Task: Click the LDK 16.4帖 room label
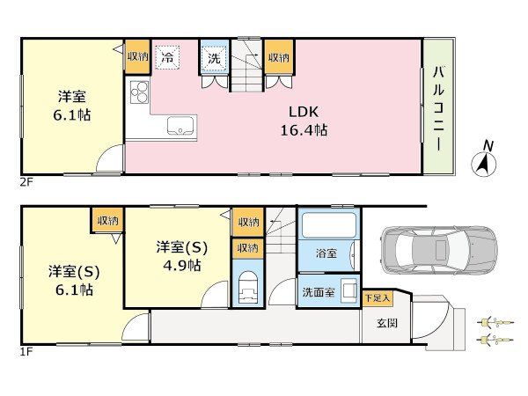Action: (304, 121)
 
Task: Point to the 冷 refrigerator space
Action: (167, 57)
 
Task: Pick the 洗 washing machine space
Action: (214, 57)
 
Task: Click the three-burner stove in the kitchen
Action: (139, 92)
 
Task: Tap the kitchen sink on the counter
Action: (180, 126)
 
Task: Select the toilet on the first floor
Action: (247, 287)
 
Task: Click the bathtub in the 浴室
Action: (328, 225)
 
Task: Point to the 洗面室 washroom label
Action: (319, 291)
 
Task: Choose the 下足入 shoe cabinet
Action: (378, 297)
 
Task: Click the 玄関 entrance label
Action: (387, 323)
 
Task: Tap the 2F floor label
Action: (26, 183)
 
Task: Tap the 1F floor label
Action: (26, 352)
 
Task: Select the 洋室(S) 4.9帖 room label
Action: (182, 257)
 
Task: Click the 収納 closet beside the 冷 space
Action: (137, 56)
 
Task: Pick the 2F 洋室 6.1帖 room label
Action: (72, 106)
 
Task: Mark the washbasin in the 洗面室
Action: (348, 290)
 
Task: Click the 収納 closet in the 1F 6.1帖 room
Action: (107, 220)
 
